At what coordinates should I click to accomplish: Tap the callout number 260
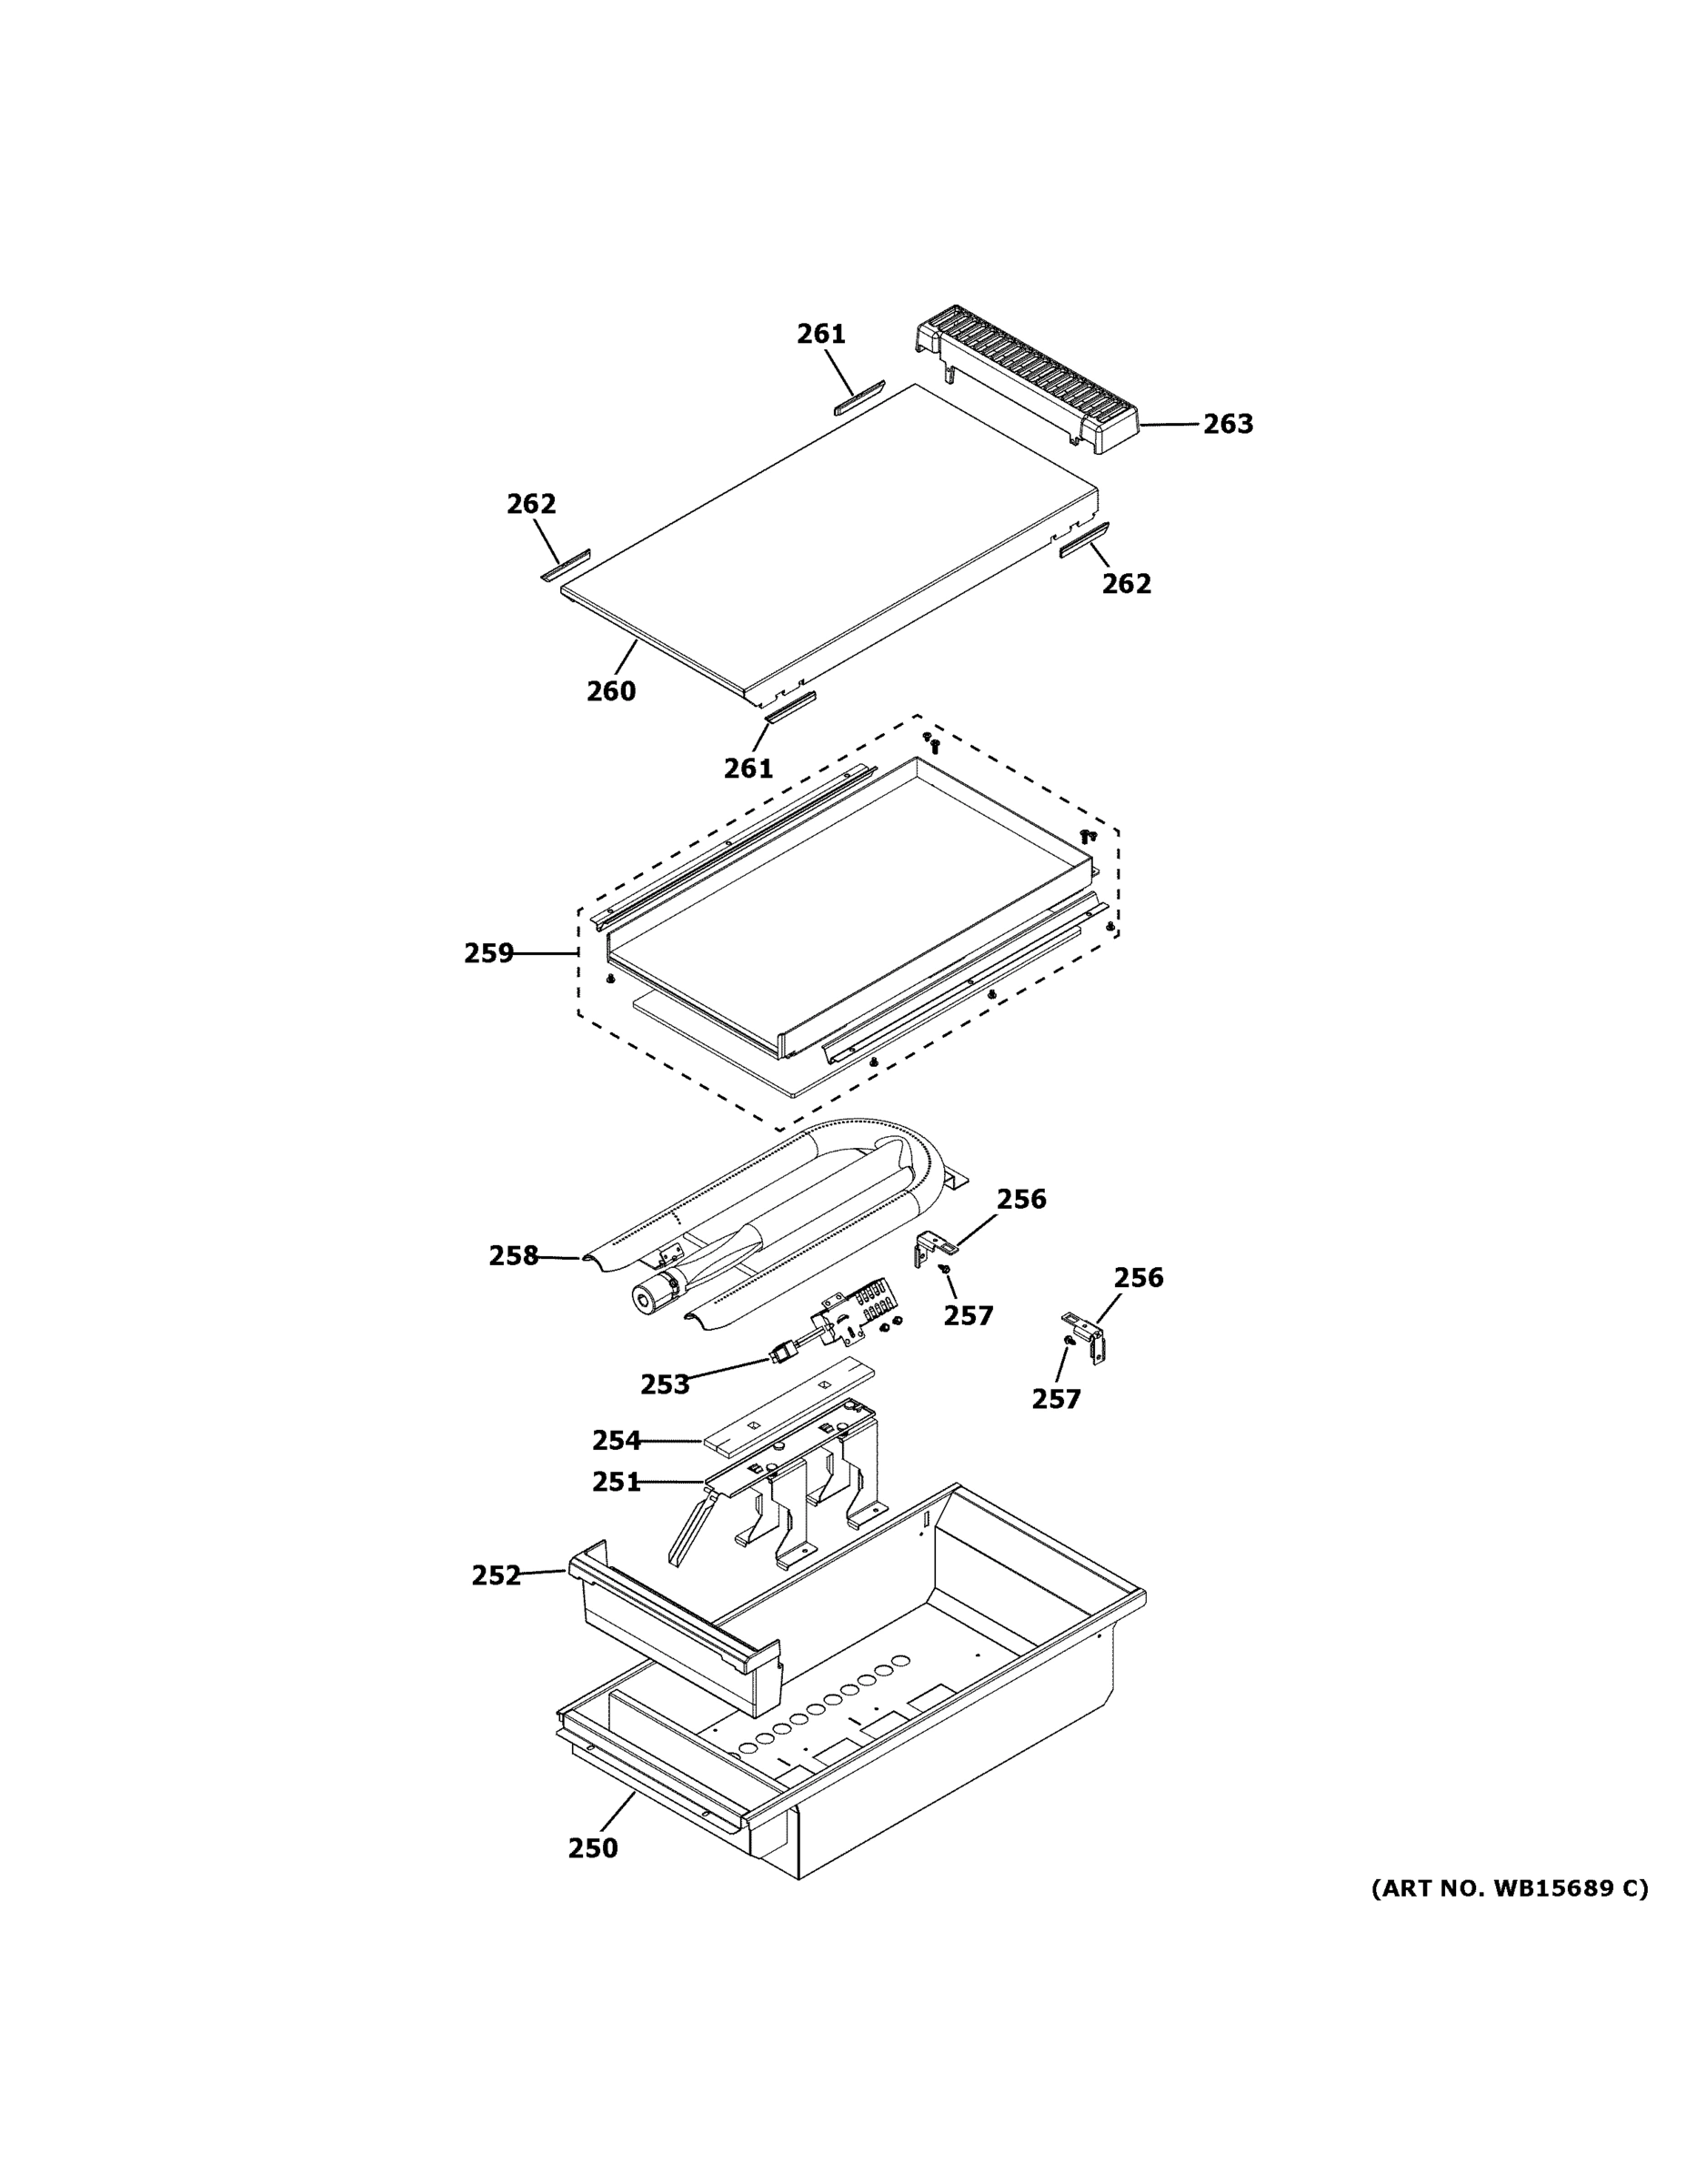[610, 690]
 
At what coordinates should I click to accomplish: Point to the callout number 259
[488, 953]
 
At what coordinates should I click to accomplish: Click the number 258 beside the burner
[514, 1255]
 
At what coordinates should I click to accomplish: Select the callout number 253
[665, 1384]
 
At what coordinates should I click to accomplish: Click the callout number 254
[617, 1441]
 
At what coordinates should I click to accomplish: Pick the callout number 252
[497, 1575]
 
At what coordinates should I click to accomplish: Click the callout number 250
[593, 1848]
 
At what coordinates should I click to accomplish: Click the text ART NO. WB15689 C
[1509, 1888]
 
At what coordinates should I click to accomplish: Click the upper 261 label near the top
[820, 334]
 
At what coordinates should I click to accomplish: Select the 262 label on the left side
[531, 504]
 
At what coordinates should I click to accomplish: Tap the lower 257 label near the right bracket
[1057, 1399]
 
